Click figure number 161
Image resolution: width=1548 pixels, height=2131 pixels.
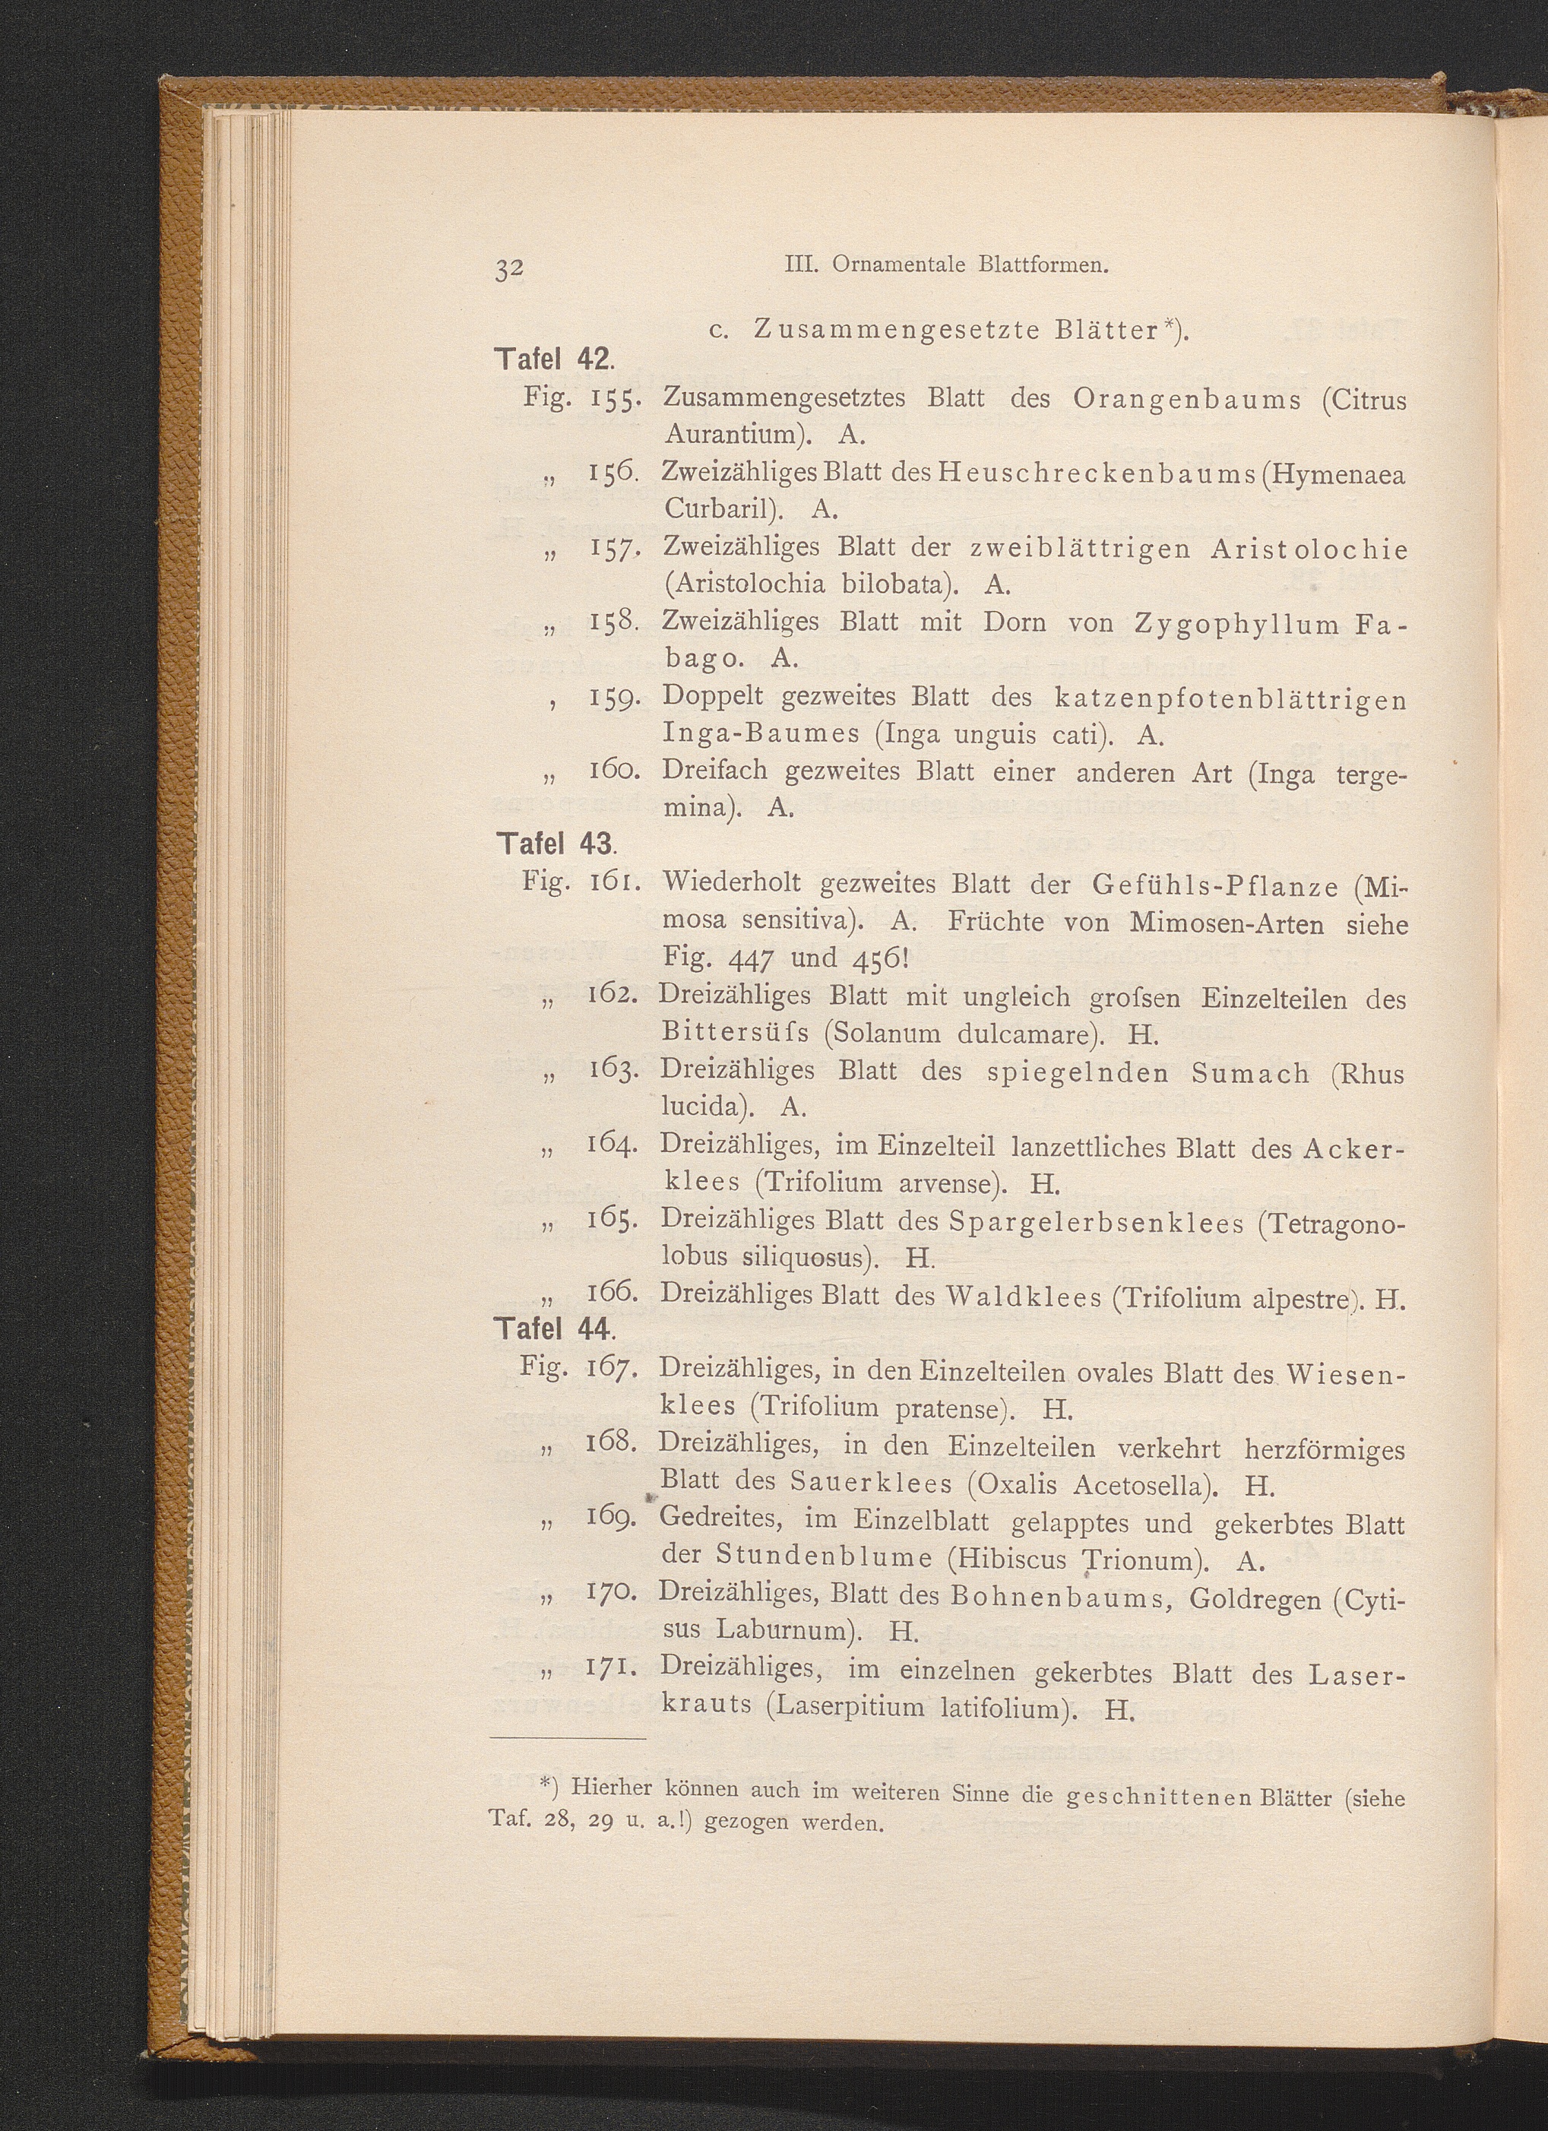(x=614, y=884)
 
